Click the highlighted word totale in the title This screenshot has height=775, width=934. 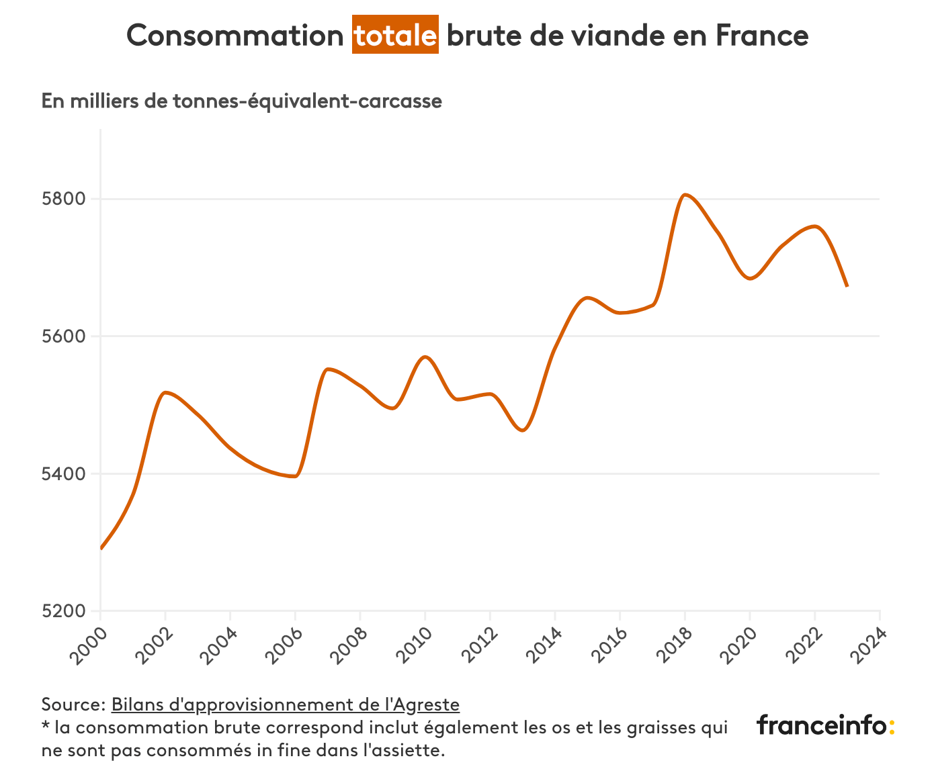point(396,35)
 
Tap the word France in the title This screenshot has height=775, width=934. point(761,35)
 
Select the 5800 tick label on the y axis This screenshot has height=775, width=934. point(65,199)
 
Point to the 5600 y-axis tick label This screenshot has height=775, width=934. point(65,336)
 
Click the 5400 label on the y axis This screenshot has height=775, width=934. point(65,474)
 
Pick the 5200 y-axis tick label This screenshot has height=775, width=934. point(65,611)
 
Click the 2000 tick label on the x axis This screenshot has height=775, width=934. point(87,645)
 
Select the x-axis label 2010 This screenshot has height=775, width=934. point(411,645)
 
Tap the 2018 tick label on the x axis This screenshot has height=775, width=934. point(671,645)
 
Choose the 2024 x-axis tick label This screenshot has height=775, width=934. point(866,645)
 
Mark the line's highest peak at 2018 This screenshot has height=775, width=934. point(684,195)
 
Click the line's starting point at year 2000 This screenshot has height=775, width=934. point(101,548)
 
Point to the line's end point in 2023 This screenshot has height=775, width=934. point(847,286)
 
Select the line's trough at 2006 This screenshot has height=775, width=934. point(294,476)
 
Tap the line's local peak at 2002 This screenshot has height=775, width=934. point(165,392)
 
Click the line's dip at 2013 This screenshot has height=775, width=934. point(523,430)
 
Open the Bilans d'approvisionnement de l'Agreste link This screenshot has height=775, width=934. point(286,704)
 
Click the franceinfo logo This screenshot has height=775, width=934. point(825,725)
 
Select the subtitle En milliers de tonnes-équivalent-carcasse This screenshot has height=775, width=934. point(242,101)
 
